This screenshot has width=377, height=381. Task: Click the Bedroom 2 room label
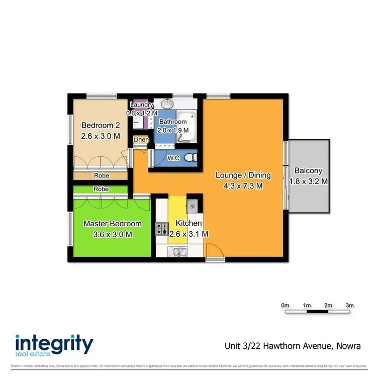click(101, 125)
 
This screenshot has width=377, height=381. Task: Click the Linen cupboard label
click(140, 139)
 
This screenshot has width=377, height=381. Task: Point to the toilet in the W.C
click(190, 158)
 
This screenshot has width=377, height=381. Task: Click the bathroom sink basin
click(166, 104)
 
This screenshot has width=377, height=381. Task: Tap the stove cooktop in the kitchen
click(162, 229)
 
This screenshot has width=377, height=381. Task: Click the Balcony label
click(308, 171)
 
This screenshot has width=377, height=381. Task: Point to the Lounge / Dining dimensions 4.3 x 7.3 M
click(243, 185)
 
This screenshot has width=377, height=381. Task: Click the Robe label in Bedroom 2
click(102, 176)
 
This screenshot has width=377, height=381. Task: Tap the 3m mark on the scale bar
click(350, 305)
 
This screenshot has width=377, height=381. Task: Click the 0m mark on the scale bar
click(285, 305)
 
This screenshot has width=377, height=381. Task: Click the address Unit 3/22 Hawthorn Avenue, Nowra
click(292, 346)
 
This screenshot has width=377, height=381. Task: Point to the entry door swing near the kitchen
click(213, 250)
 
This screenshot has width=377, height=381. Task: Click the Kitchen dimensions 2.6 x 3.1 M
click(189, 234)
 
